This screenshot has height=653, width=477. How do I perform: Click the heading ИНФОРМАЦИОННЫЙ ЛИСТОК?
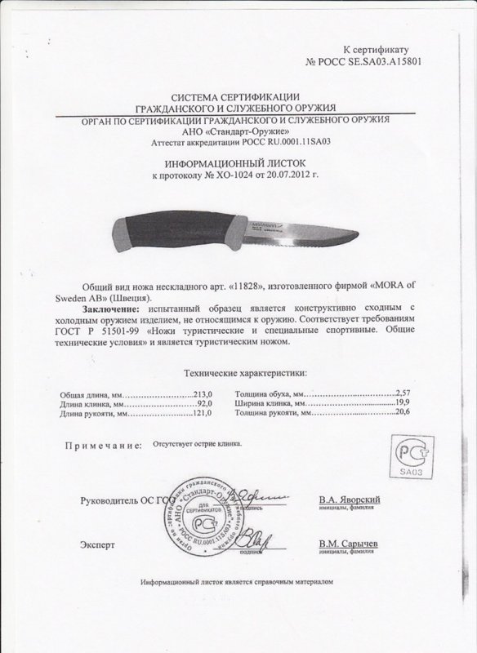click(x=238, y=162)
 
